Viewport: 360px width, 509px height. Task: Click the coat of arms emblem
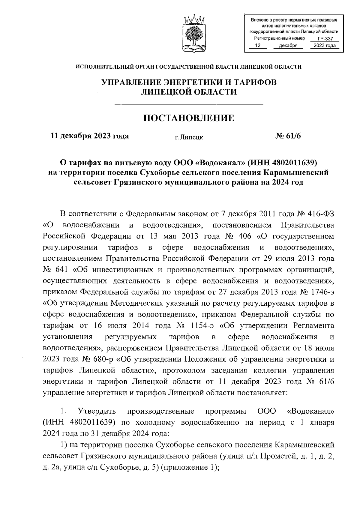193,33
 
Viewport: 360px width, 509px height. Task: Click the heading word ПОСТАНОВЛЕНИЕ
189,118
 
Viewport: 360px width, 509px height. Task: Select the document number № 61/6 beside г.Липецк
288,136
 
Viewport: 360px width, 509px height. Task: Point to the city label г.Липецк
189,137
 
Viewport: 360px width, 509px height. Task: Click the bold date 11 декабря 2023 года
90,136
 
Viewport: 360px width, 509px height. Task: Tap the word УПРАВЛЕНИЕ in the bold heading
131,82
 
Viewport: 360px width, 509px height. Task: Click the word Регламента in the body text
313,326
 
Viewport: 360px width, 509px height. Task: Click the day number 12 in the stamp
257,46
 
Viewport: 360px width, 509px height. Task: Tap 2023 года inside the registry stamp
325,46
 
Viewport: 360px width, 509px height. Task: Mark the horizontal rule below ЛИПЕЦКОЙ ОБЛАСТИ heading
189,104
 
